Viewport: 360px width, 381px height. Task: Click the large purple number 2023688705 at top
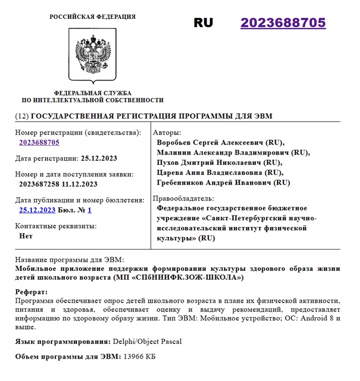[283, 23]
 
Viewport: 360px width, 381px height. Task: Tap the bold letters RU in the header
[203, 23]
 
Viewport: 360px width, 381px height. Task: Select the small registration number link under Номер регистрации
[39, 142]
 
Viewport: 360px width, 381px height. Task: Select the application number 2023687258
[39, 184]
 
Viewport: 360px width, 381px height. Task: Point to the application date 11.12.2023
[79, 184]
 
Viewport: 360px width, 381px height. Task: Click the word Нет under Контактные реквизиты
[26, 236]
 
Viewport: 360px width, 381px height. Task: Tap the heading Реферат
[31, 292]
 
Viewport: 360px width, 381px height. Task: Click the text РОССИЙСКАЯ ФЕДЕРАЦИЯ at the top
[92, 17]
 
